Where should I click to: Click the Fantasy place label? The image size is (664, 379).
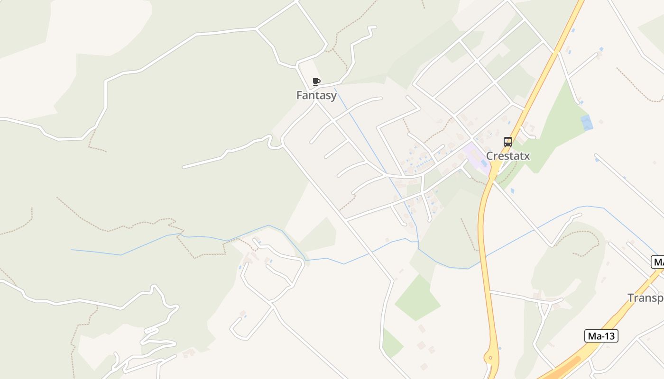pos(316,95)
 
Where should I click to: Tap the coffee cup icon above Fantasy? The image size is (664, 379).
pos(316,82)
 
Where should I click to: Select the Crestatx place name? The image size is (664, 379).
pos(507,156)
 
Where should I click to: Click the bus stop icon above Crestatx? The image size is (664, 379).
pos(507,142)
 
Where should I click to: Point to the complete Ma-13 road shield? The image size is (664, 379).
pos(601,336)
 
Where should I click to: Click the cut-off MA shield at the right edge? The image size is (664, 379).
pos(658,262)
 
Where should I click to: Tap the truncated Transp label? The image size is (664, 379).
pos(646,298)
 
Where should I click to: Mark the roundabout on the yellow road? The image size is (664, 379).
pos(490,358)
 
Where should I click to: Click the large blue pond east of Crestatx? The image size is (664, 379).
pos(587,123)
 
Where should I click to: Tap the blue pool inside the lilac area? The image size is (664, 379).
pos(483,162)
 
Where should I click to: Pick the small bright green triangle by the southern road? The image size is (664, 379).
pos(392,343)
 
